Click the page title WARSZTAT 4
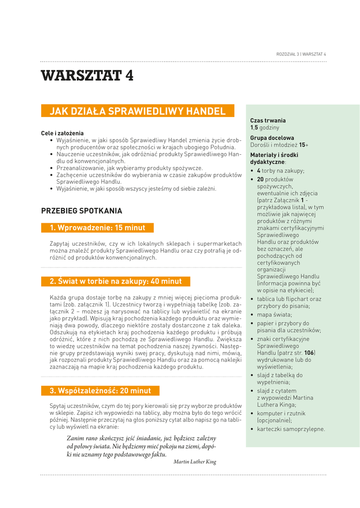87,75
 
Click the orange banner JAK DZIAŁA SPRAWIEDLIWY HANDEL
137,111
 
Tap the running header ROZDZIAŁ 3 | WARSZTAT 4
301,54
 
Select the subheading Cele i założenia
62,133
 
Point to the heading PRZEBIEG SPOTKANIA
81,211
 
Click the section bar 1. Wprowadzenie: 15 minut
97,228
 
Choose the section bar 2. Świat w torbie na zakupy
116,281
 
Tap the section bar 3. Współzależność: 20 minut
100,390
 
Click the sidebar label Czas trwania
268,121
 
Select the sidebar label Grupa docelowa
272,138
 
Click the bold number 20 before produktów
260,179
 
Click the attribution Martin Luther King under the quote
195,462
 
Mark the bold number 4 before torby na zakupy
258,171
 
